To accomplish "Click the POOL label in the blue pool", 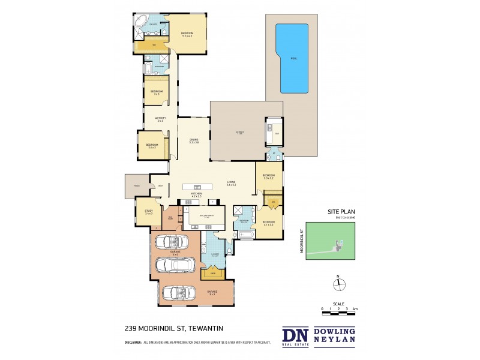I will click(x=293, y=59).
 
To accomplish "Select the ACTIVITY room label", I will click(x=160, y=119).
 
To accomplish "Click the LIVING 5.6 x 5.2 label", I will click(x=230, y=184).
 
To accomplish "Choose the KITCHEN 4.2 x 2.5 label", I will click(x=196, y=194).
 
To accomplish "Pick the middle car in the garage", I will click(x=172, y=265).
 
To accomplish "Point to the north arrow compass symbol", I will click(x=338, y=284).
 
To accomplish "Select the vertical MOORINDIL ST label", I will click(x=301, y=240).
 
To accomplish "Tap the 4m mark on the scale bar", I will click(x=355, y=308).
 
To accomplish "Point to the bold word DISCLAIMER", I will click(x=133, y=343).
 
